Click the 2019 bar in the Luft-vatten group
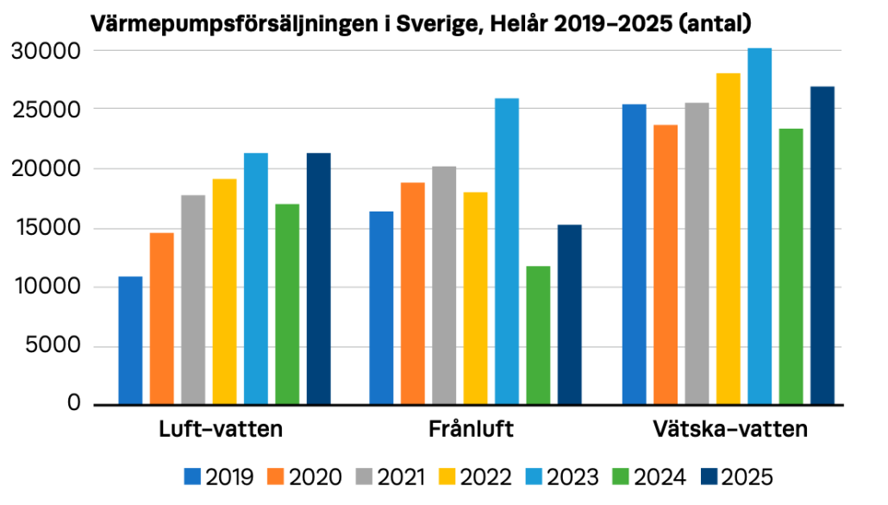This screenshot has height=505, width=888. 130,340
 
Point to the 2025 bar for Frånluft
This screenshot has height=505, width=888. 569,314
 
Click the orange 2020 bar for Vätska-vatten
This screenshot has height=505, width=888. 666,264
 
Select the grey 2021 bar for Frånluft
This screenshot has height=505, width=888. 444,285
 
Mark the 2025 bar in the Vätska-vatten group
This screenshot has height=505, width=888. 822,245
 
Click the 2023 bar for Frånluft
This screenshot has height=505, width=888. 507,251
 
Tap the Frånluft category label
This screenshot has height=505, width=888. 471,430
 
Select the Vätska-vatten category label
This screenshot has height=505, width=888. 729,430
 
